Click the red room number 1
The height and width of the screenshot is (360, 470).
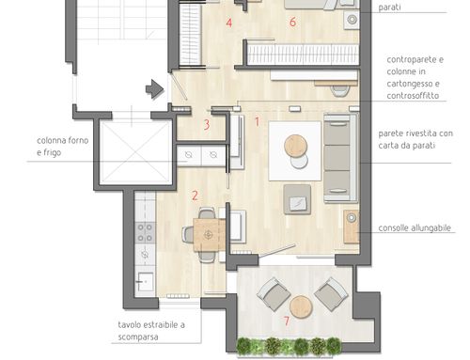(x=258, y=122)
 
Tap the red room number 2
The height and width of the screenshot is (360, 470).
(x=195, y=196)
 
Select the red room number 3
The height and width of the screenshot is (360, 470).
(x=207, y=125)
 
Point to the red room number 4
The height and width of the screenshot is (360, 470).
(x=229, y=23)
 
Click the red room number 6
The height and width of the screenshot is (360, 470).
(x=292, y=22)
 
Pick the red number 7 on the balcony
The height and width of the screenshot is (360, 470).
(x=287, y=321)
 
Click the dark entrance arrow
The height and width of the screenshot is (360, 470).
(x=155, y=89)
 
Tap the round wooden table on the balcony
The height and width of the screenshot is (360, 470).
(x=301, y=307)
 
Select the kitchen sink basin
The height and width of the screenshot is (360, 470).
(x=146, y=282)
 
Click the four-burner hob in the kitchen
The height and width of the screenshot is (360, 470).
(x=145, y=233)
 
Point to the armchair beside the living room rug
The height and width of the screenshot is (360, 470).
(x=297, y=199)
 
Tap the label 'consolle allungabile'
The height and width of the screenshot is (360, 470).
(x=415, y=227)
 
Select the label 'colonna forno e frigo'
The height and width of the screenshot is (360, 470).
(x=63, y=147)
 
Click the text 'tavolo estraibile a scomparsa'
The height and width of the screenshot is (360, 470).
(x=151, y=331)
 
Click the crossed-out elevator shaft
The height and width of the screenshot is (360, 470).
(x=135, y=152)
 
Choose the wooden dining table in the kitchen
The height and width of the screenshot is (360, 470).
(x=210, y=235)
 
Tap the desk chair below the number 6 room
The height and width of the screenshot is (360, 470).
(x=340, y=90)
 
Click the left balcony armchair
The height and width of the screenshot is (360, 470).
(x=274, y=294)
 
